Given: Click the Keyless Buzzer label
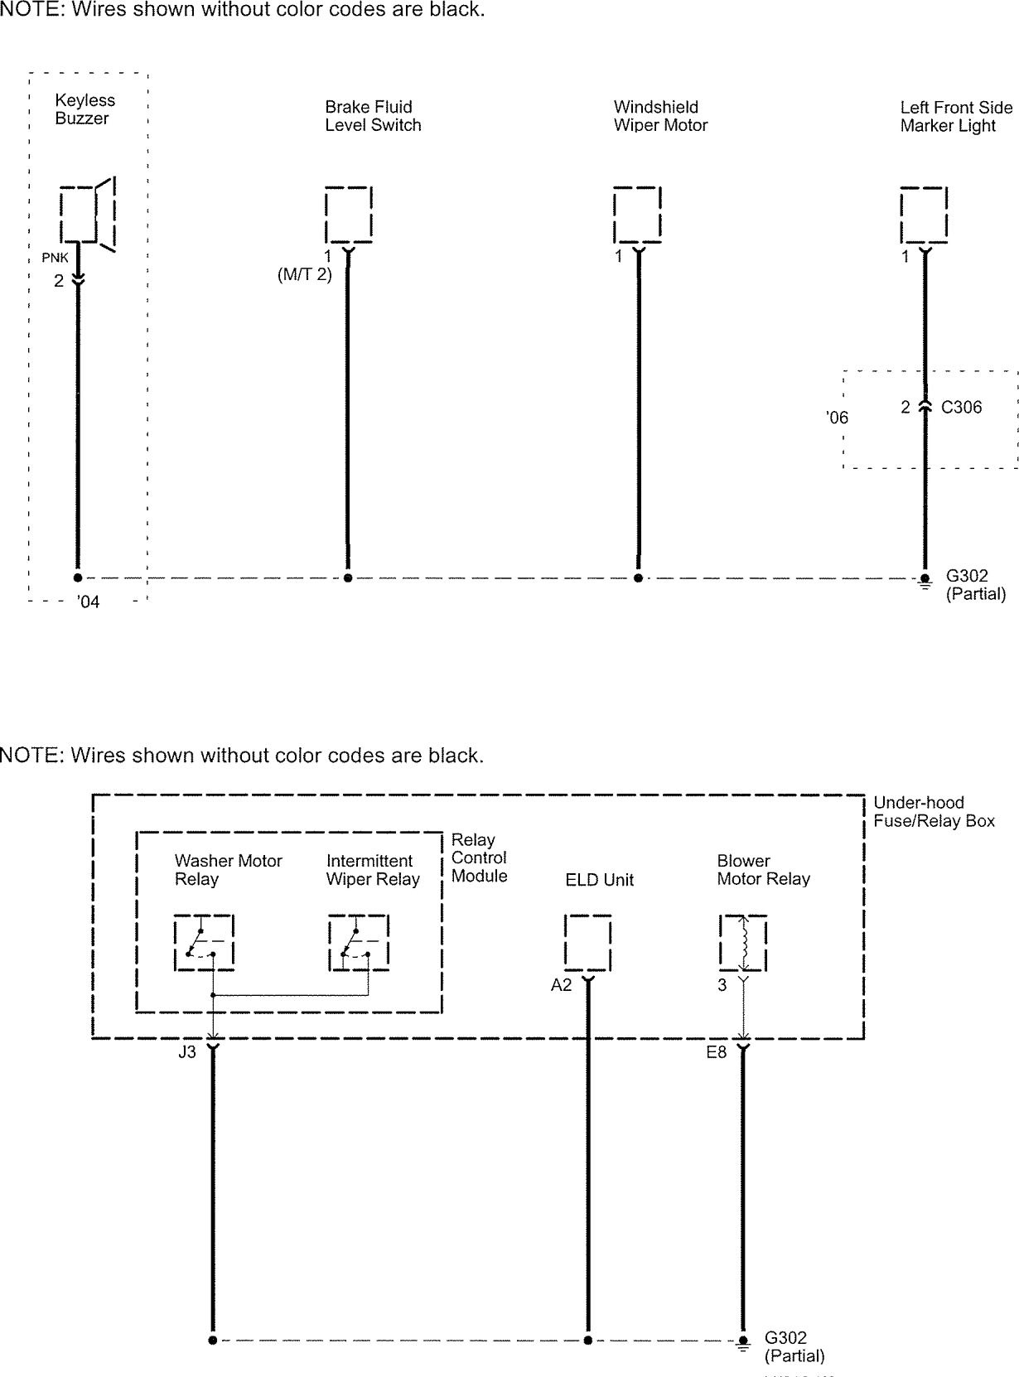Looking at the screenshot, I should pos(85,109).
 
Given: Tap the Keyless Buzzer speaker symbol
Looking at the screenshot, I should pos(86,214).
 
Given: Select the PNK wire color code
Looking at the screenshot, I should pos(55,258).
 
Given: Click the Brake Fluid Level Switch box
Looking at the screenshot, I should pos(348,214).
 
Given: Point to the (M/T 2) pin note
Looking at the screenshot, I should pos(304,275).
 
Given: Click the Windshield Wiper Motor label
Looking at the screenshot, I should pos(660,116).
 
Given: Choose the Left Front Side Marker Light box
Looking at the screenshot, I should pos(924,214).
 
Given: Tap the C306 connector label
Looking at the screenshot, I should pos(961,407).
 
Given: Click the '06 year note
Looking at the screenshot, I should pos(838,418).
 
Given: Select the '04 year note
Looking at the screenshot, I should pos(88,602).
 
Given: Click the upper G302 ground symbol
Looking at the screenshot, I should pos(925,581).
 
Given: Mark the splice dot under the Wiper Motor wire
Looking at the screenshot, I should pos(638,577).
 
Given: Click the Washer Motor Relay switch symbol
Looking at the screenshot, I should pos(204,943).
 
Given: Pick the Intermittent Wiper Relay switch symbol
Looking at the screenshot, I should pos(358,943).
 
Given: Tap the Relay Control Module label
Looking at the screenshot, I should pos(479,858).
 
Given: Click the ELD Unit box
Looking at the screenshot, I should pos(587,943).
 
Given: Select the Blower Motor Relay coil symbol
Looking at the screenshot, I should pos(743,943).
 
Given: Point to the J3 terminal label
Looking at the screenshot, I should pos(187,1052).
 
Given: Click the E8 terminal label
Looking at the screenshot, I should pos(716,1052).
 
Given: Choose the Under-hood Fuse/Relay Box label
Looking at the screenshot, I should pos(934,812).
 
